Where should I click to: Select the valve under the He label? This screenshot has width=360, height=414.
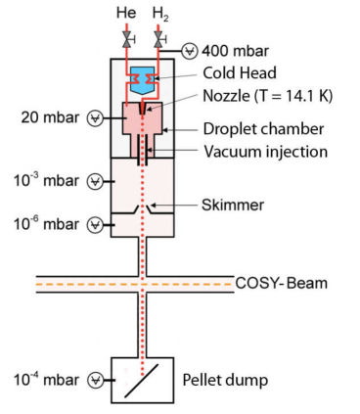click(128, 39)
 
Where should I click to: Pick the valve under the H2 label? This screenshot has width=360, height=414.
click(158, 39)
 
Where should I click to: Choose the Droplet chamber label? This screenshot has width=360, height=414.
click(255, 129)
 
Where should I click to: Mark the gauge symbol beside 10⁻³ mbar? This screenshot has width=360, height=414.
click(95, 180)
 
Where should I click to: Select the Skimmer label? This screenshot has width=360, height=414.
click(231, 206)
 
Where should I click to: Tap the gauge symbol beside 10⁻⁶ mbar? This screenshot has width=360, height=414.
click(95, 223)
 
